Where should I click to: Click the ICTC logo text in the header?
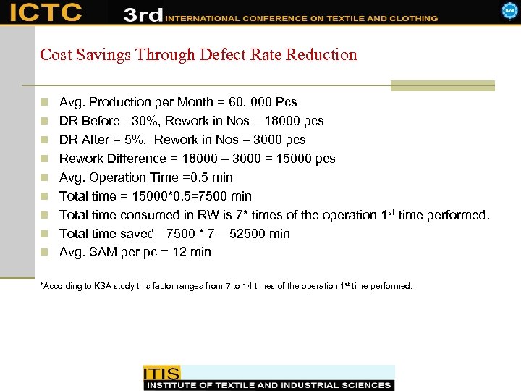point(46,12)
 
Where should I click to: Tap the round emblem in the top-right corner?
point(509,11)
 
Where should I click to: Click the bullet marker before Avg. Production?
point(46,102)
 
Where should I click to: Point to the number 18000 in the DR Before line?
point(272,121)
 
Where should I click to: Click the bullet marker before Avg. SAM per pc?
point(46,253)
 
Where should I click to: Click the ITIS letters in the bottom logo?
point(161,374)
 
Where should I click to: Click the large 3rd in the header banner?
point(143,14)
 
